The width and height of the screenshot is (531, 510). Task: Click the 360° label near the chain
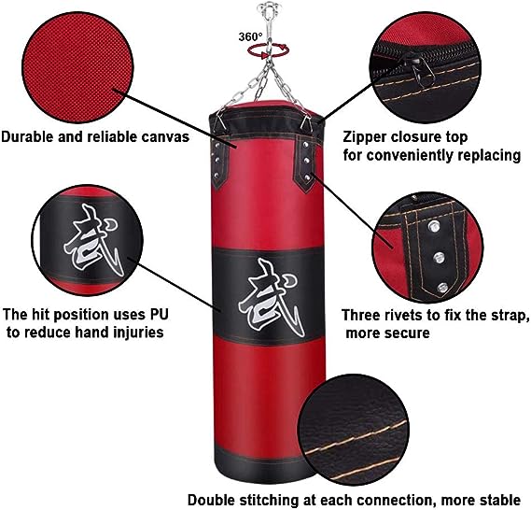click(250, 36)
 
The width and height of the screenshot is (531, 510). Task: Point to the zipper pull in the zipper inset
click(421, 72)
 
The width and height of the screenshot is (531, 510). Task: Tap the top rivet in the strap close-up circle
click(433, 226)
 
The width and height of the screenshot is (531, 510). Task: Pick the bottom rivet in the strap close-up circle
click(442, 288)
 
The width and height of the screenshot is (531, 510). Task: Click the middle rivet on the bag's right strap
click(306, 161)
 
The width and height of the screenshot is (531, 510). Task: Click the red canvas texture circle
click(77, 67)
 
